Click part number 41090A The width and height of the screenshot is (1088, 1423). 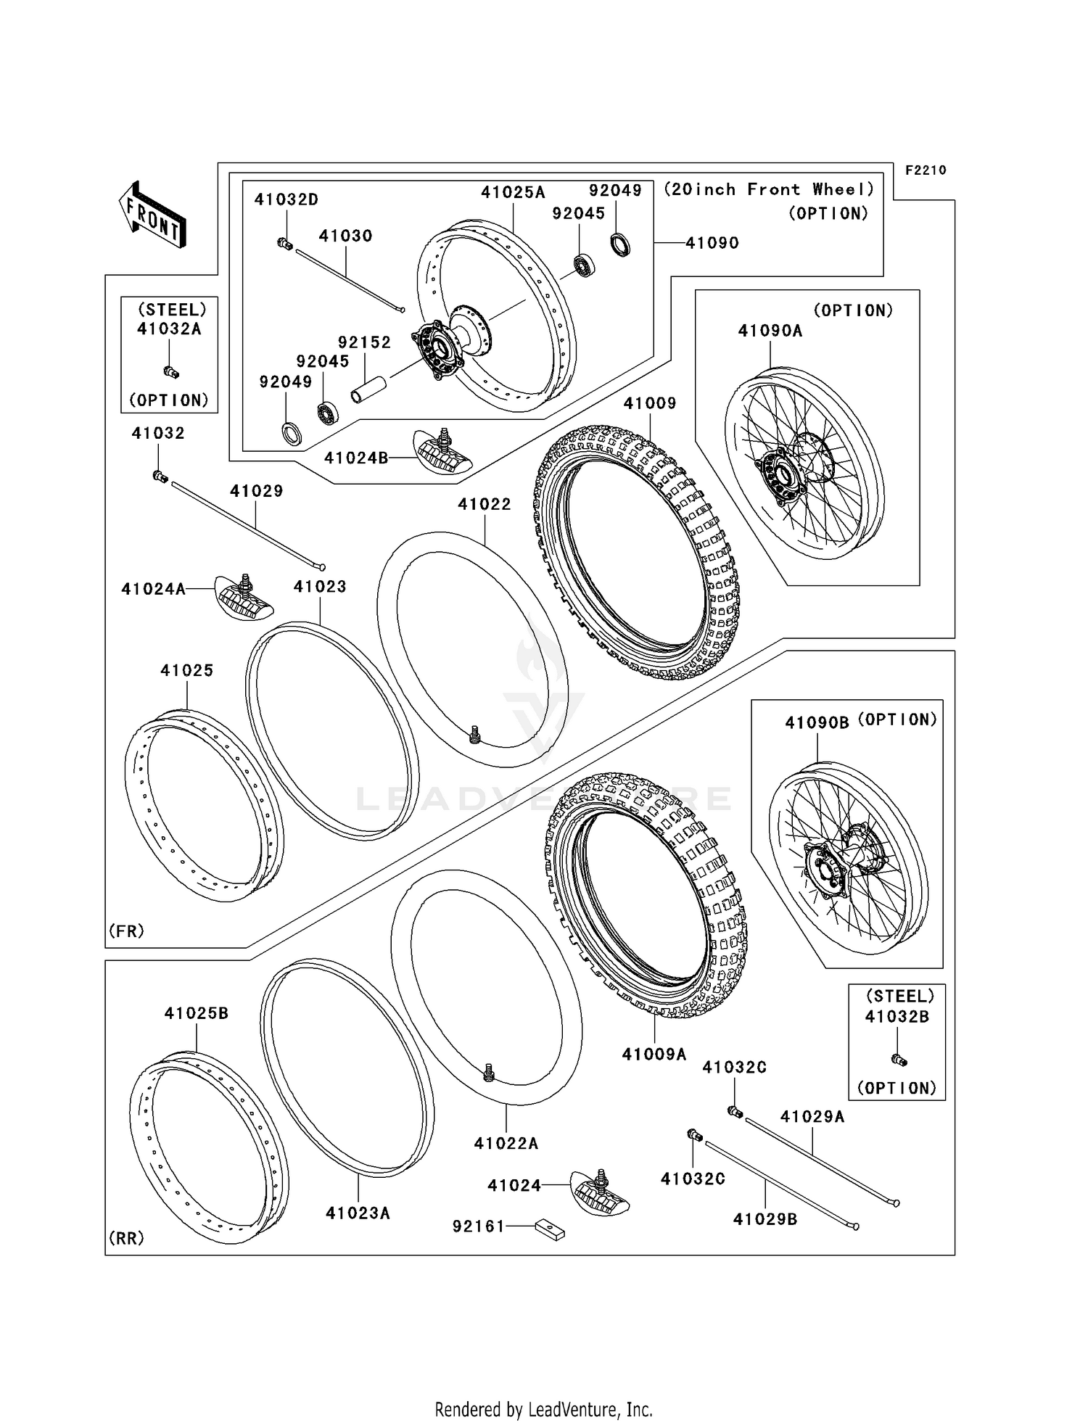point(770,331)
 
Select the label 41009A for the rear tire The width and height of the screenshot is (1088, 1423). point(654,1054)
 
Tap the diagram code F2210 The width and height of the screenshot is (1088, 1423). point(925,170)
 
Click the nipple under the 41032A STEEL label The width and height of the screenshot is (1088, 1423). point(171,372)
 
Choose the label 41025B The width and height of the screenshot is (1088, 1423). point(196,1013)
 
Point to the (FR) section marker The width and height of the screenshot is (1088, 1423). point(126,931)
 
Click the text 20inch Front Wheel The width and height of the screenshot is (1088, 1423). point(769,190)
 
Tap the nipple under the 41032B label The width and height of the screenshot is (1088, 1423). point(899,1060)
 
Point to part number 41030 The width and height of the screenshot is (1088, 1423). point(345,236)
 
